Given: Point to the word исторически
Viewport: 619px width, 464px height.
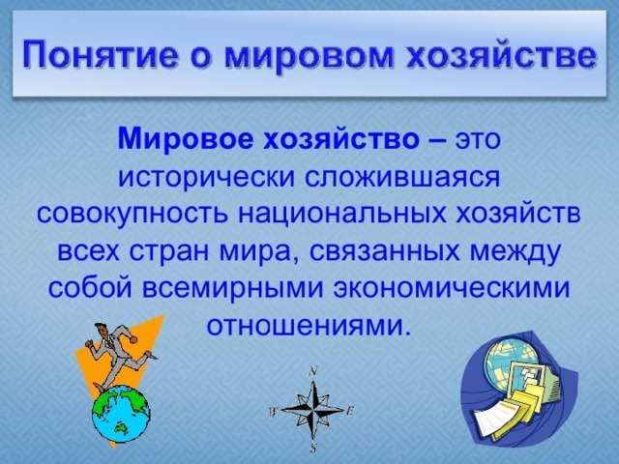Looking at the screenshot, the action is coord(207,178).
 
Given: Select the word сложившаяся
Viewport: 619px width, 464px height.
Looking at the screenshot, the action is coord(402,178).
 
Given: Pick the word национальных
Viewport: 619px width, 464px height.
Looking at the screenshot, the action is coord(341,216).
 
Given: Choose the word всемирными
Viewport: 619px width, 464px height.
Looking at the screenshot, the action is coord(233,288).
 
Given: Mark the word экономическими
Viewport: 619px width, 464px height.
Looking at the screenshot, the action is coord(452,288).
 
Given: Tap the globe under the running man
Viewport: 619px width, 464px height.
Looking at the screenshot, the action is coord(121,414).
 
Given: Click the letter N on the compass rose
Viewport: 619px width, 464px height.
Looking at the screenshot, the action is coord(313,371).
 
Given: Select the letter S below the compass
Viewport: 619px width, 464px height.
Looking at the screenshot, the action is coord(313,449).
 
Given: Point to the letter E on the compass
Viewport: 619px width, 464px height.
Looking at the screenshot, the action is coord(349,411).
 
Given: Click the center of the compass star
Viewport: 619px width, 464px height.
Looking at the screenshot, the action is coord(312,410).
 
